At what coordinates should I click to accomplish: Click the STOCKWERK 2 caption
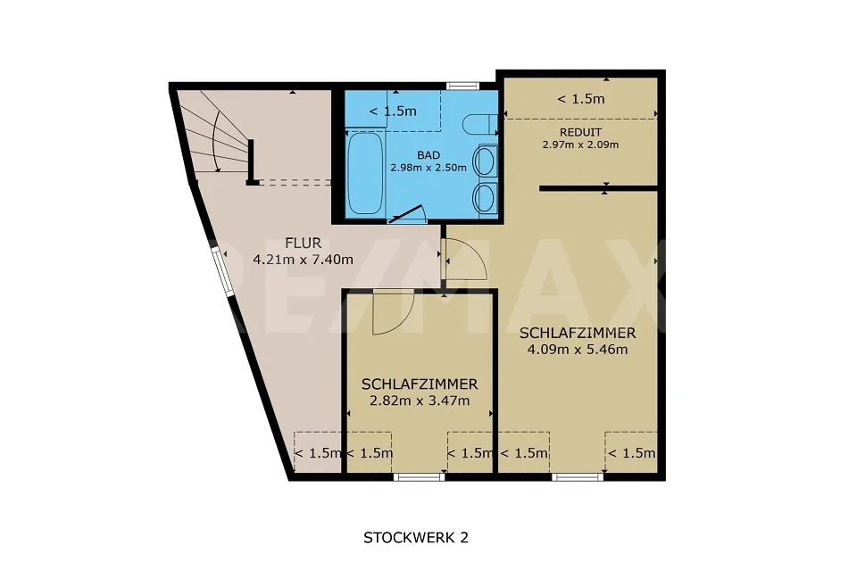point(416,538)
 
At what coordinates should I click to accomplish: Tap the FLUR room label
point(304,243)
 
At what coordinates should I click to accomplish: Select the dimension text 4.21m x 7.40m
point(303,260)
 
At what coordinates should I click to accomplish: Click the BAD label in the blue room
point(428,155)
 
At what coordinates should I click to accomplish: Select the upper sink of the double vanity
point(484,161)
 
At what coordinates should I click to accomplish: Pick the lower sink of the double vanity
point(484,198)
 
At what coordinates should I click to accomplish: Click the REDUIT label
point(580,132)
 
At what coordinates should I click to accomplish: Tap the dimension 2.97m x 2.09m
point(580,145)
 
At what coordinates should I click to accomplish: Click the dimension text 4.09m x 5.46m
point(578,350)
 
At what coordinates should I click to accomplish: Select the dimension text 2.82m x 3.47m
point(420,401)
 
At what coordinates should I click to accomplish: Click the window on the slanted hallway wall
point(223,272)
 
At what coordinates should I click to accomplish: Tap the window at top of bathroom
point(462,86)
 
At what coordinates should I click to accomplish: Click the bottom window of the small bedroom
point(420,477)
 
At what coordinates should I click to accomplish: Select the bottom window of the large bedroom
point(578,477)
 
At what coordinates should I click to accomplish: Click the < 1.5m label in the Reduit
point(580,99)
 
